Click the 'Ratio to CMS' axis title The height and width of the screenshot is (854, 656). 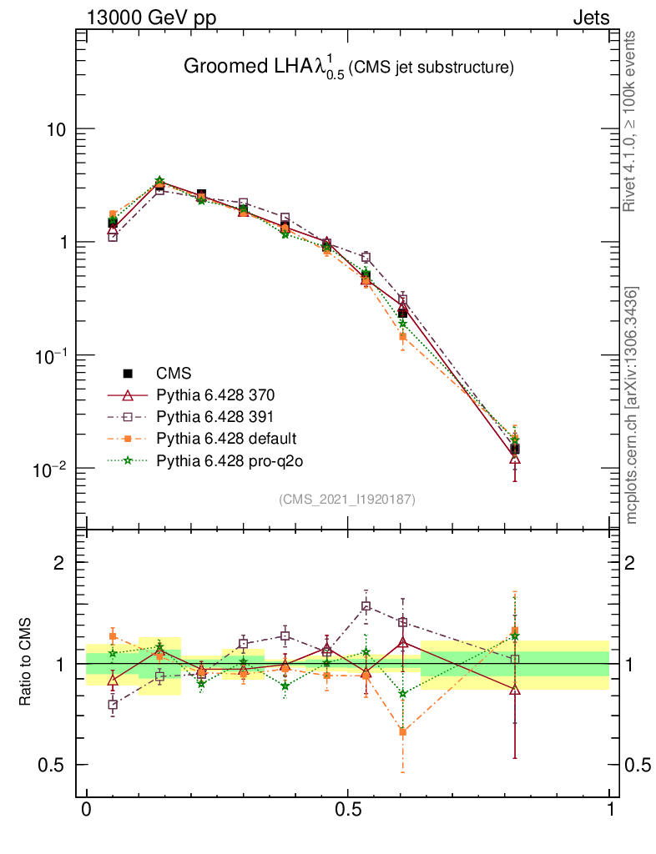[25, 663]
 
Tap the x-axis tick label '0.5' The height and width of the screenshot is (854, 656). [348, 810]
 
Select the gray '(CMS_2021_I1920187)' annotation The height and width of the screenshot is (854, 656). [347, 499]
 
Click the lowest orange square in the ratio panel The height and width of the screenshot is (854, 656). [403, 732]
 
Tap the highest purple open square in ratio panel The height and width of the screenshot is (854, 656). [366, 606]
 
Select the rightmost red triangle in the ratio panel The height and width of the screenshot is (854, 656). [515, 690]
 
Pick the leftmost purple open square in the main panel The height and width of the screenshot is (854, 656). [113, 237]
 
